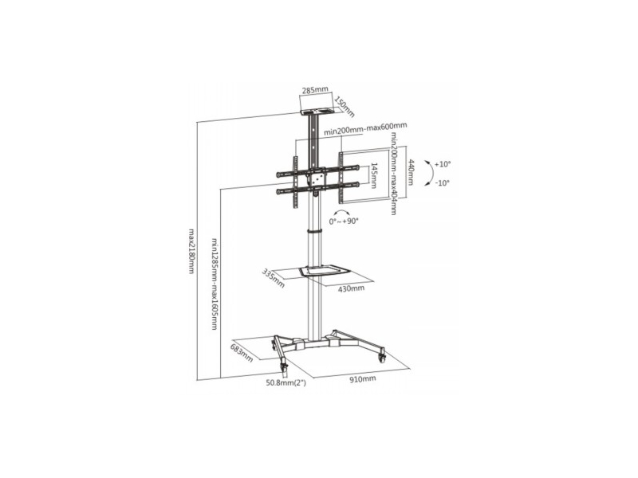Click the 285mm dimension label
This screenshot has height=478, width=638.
tap(315, 90)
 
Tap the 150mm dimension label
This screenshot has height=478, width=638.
tap(345, 107)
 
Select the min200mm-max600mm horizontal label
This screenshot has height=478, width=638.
tap(365, 128)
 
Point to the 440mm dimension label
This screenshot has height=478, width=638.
tap(411, 171)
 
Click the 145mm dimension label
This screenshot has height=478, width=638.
tap(375, 175)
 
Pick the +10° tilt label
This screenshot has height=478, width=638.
tap(443, 164)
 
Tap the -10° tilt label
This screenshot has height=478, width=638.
tap(443, 183)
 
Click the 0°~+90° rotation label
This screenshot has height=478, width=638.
tap(344, 221)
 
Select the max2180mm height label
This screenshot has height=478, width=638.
tap(191, 251)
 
